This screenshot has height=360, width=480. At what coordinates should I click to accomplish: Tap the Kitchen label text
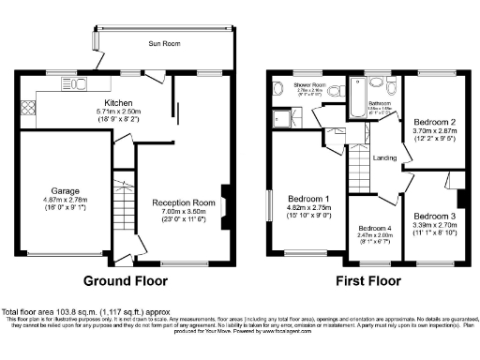point(118,103)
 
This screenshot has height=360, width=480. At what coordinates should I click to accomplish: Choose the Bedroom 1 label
point(308,200)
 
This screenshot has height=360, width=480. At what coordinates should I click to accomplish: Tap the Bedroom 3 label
point(432,216)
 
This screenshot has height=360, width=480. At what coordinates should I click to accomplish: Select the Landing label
point(384,157)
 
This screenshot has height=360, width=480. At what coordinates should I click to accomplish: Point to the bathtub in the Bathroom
point(357,105)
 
